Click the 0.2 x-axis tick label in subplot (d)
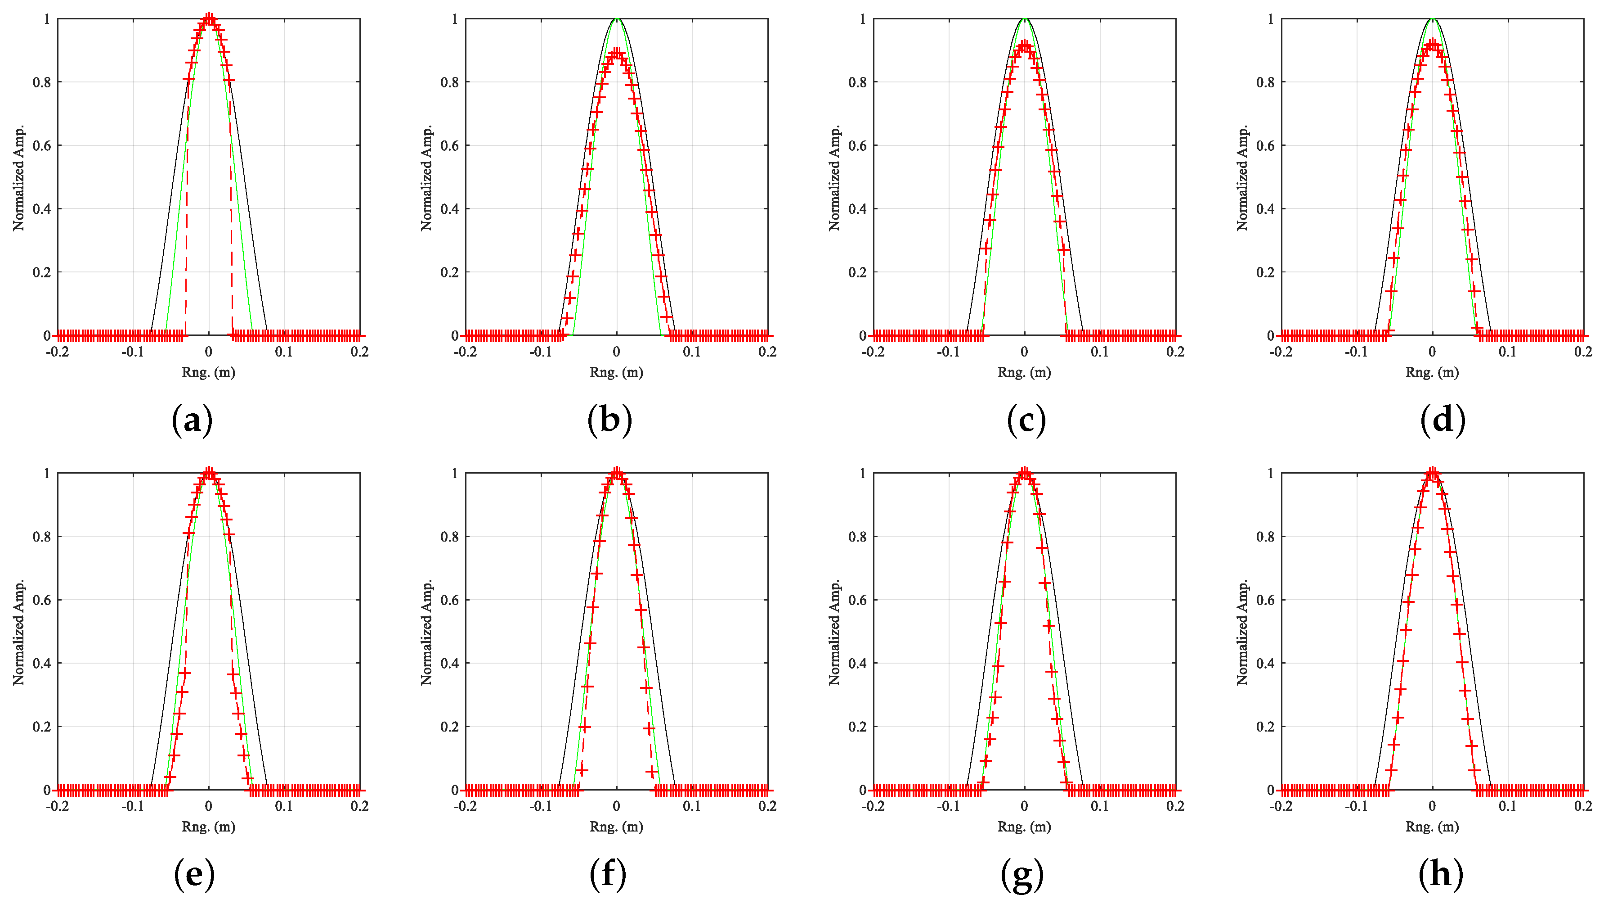tap(1582, 352)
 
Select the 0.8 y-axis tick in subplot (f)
tap(449, 537)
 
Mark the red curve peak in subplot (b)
tap(616, 54)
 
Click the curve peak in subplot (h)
tap(1432, 474)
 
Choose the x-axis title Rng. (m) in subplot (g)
tap(1024, 826)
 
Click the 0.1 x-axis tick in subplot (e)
tap(284, 806)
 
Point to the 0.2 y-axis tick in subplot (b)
tap(449, 272)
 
